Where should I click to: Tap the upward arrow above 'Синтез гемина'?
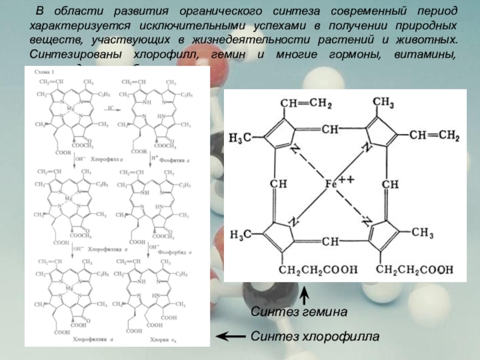click(305, 295)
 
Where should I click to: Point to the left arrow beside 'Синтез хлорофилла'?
click(229, 337)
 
